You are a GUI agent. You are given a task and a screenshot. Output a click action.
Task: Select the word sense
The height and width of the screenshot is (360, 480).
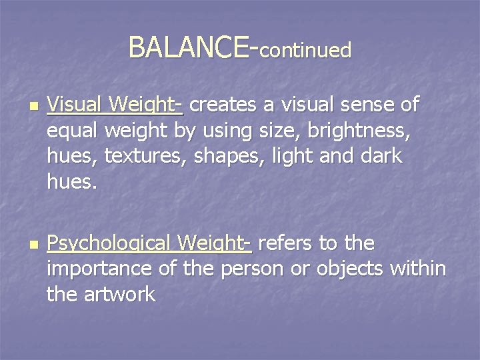point(363,105)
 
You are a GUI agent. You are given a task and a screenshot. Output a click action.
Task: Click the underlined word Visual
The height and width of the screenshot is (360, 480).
point(75,105)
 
